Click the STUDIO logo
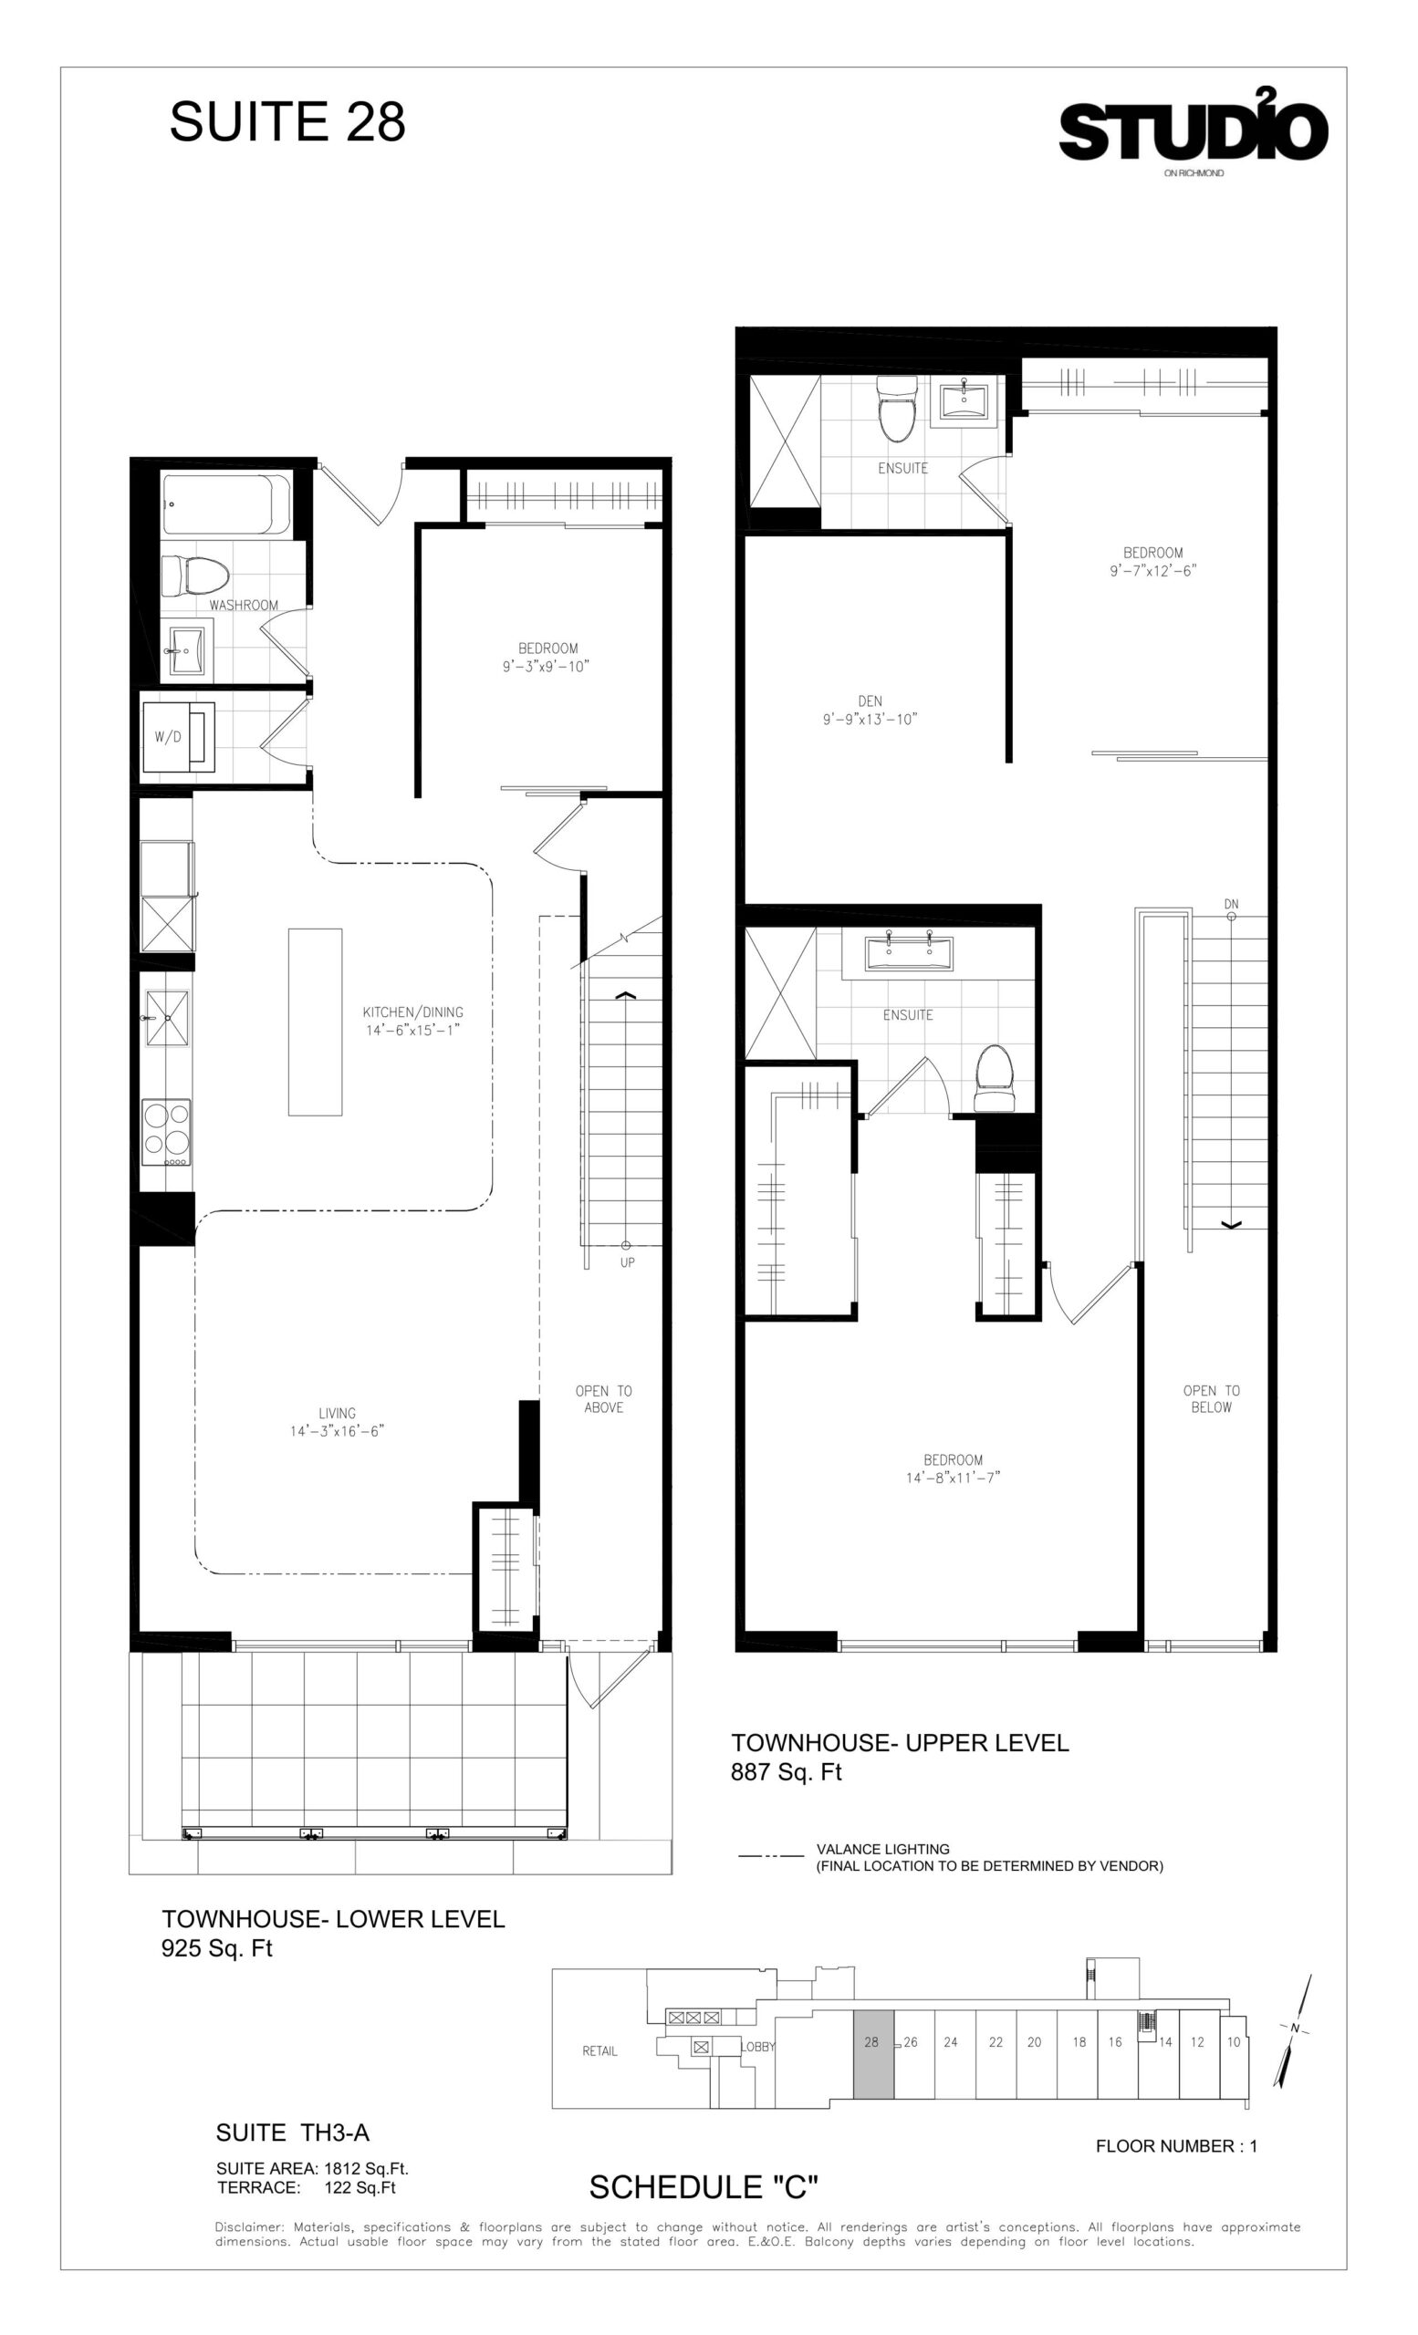click(1193, 127)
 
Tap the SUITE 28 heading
click(287, 121)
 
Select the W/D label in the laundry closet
click(167, 736)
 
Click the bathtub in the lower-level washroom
click(226, 504)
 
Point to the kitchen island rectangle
click(315, 1022)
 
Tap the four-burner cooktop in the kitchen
click(166, 1132)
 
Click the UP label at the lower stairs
click(628, 1262)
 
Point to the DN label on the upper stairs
click(1231, 904)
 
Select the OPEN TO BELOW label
click(1212, 1399)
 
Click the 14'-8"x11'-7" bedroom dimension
click(953, 1478)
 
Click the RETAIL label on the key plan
click(600, 2050)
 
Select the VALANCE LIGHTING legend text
click(882, 1849)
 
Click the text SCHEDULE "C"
click(704, 2187)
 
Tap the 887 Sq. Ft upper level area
click(786, 1772)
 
